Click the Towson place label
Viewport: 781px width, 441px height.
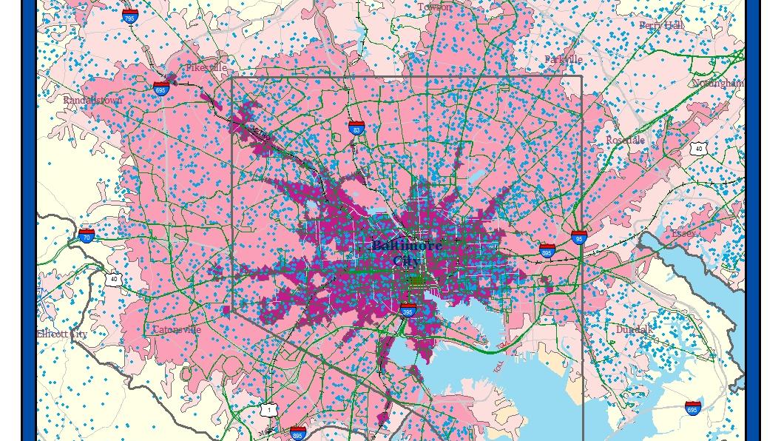(434, 7)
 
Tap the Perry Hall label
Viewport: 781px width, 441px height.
(660, 25)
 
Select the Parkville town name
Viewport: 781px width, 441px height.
(564, 59)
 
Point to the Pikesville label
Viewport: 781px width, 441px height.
(206, 67)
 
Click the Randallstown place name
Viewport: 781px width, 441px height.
(92, 100)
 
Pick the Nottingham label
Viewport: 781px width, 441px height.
(717, 83)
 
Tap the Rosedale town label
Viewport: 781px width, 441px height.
(625, 140)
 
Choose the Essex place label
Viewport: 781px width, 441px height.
(683, 233)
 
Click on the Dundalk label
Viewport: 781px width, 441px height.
(635, 329)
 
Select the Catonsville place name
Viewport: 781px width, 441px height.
(176, 329)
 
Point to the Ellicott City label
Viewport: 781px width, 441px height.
(62, 334)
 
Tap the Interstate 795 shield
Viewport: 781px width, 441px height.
(130, 16)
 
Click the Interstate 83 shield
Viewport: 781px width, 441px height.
(356, 128)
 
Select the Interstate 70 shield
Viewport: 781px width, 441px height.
(87, 235)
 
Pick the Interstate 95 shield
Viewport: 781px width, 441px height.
(579, 238)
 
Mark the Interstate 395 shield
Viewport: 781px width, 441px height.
(408, 310)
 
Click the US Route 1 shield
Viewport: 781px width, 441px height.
(269, 409)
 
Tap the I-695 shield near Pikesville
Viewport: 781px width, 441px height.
(161, 89)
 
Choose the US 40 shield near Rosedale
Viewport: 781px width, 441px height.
(698, 149)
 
